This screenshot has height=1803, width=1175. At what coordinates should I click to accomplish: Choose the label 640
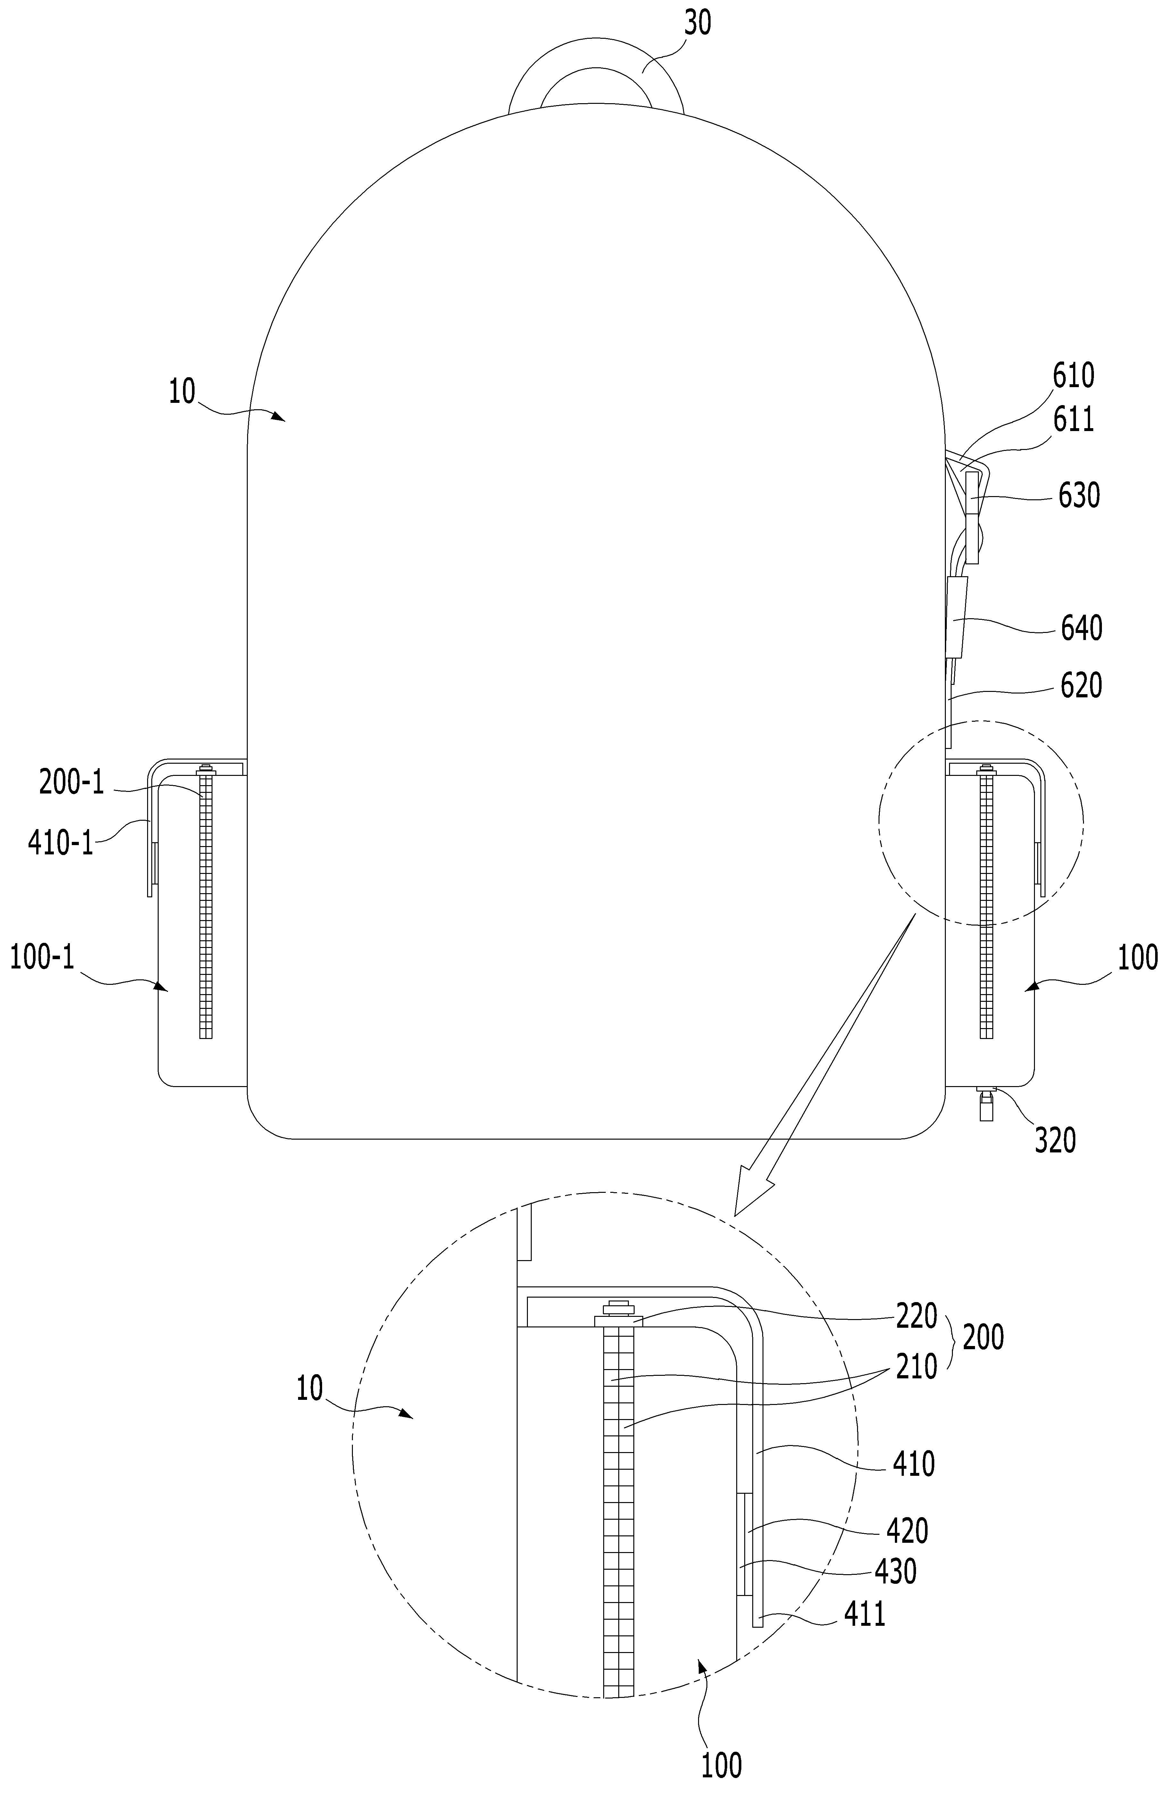pos(1081,628)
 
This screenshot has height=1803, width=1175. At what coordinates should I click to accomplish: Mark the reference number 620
pos(1081,685)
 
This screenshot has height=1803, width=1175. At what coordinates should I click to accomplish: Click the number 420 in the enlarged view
pos(907,1531)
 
